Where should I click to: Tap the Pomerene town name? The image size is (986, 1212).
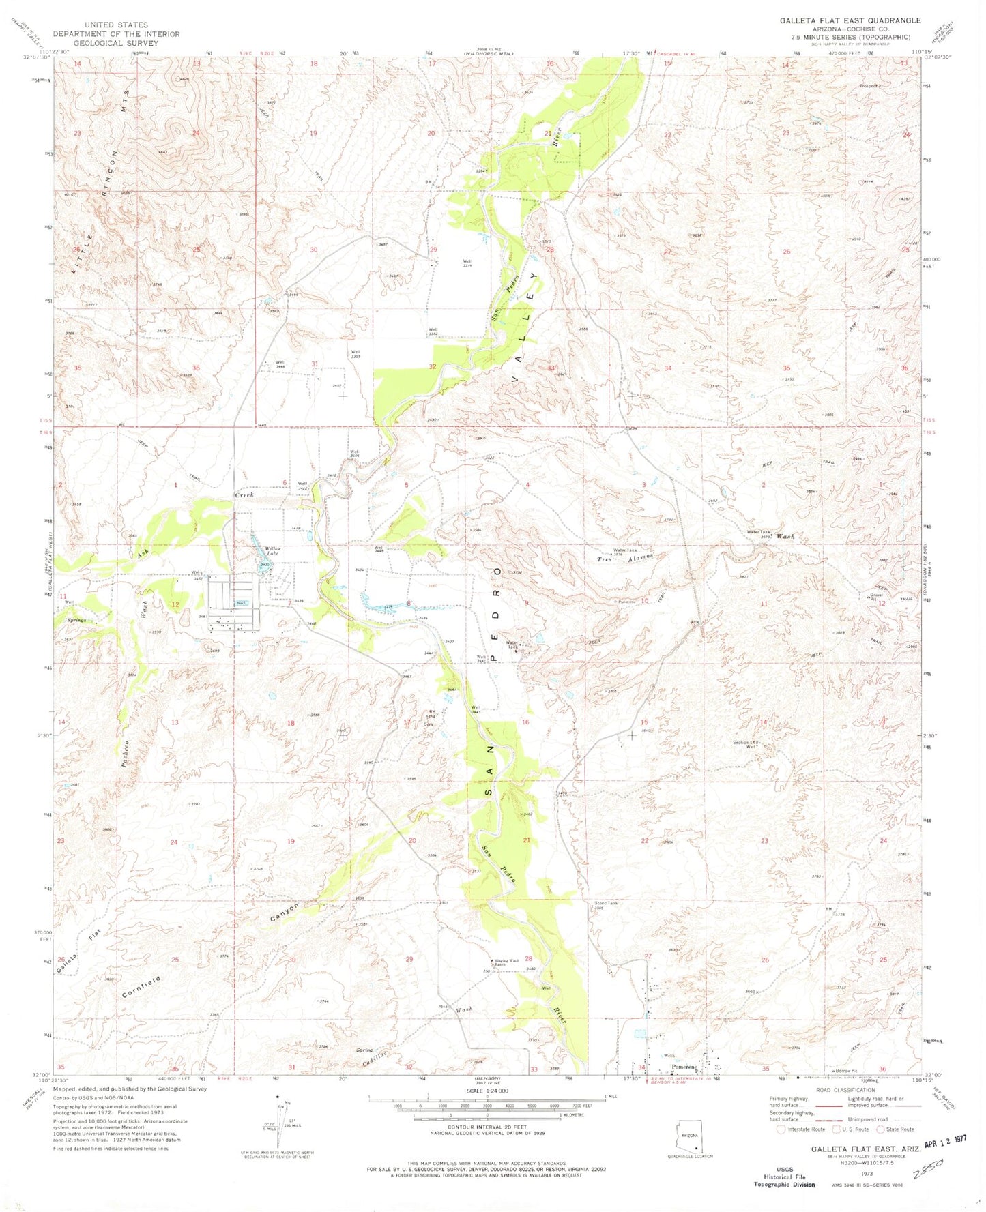[684, 1067]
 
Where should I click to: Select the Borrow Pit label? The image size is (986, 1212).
[841, 1071]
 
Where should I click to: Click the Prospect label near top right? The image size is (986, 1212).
[870, 87]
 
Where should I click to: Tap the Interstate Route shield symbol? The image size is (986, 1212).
[781, 1129]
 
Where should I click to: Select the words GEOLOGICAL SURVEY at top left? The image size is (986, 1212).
[116, 43]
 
